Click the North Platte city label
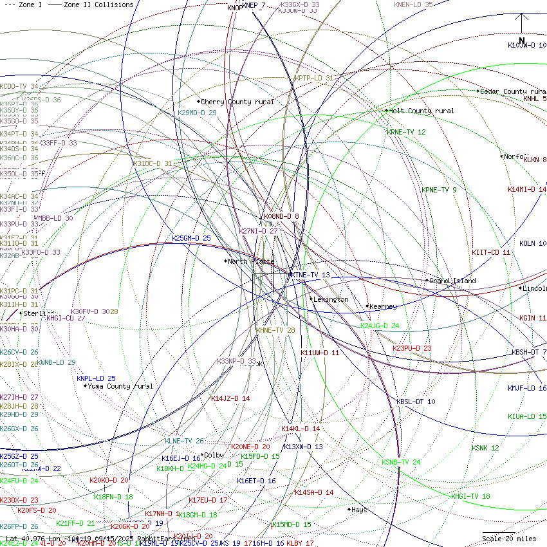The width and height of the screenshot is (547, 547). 251,262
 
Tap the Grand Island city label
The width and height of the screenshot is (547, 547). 452,281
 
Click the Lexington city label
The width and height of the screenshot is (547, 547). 331,299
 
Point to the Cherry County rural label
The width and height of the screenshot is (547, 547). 237,102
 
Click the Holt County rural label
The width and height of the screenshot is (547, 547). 422,111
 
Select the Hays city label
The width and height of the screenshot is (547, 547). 359,510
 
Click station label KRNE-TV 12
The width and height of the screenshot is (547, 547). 406,132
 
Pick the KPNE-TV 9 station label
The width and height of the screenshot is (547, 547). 439,190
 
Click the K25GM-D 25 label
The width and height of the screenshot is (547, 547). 191,238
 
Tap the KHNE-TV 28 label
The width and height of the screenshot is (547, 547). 275,330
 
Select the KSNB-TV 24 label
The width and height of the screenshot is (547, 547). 401,462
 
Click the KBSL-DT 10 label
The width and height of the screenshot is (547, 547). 416,402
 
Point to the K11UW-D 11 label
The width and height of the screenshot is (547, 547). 320,353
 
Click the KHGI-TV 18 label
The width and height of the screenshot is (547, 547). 470,496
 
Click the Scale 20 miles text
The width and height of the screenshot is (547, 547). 509,539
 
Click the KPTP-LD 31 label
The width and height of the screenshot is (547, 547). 314,78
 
